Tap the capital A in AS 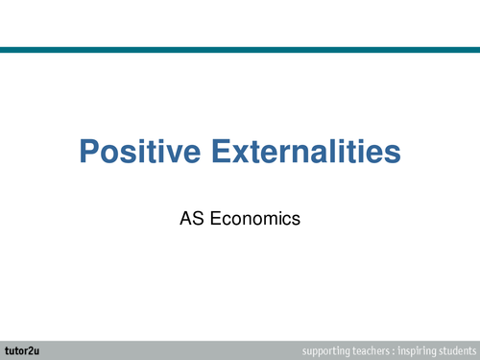185,219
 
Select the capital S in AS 198,219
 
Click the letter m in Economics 270,220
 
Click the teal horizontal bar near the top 240,50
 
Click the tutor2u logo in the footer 20,348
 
